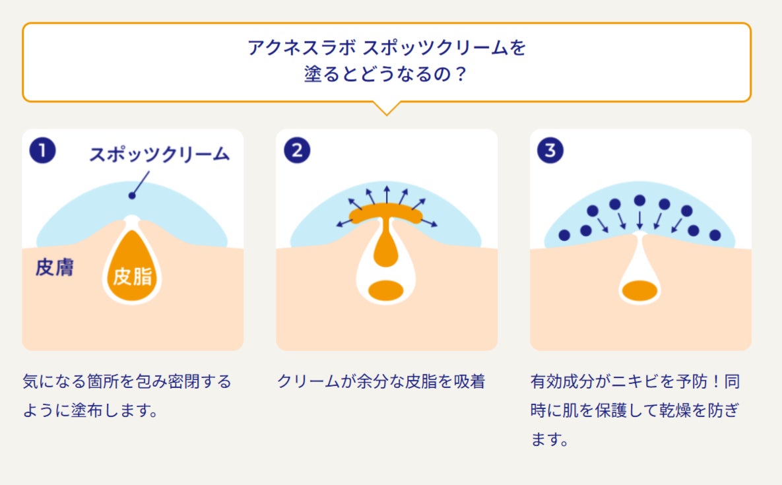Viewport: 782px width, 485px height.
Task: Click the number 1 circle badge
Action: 42,151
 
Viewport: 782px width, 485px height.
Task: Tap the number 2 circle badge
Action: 297,151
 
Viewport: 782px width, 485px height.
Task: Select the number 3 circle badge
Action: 550,151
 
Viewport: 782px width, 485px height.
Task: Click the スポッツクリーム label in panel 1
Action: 159,154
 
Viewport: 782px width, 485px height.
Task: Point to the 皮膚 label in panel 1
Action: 54,268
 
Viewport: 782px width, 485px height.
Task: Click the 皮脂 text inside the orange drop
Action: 132,276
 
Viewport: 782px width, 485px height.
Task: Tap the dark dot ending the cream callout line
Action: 132,195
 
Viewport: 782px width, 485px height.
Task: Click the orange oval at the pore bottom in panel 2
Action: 385,290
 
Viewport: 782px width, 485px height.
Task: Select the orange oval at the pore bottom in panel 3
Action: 639,290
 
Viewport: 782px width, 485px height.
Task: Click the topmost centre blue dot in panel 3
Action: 639,201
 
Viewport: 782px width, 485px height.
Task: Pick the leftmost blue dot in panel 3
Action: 564,235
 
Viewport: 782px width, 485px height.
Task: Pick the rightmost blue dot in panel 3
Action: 715,235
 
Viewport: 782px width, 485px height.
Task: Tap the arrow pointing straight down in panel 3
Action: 639,220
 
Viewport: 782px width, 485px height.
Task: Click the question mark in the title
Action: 461,74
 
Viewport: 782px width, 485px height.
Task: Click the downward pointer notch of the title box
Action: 386,108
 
